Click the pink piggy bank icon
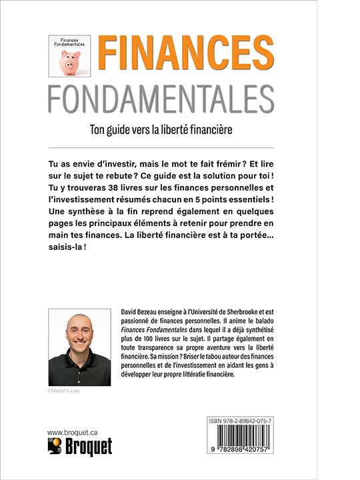[69, 63]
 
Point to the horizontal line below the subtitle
[161, 147]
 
